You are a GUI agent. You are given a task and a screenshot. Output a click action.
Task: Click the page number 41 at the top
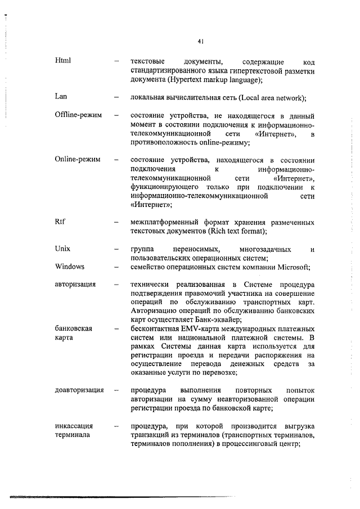tap(200, 40)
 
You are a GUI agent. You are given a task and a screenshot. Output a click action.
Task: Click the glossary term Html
tap(62, 61)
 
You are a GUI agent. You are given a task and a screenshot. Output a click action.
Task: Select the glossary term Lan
tap(61, 96)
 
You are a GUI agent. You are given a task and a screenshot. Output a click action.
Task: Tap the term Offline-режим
tap(78, 115)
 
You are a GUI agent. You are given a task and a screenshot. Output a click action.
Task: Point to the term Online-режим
tap(78, 160)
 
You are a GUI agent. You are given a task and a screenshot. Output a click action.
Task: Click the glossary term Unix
tap(62, 248)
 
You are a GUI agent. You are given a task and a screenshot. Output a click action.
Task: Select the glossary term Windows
tap(69, 266)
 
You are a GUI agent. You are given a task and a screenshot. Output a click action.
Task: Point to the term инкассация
tap(74, 425)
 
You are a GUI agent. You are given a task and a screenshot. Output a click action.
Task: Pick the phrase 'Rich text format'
tap(236, 231)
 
